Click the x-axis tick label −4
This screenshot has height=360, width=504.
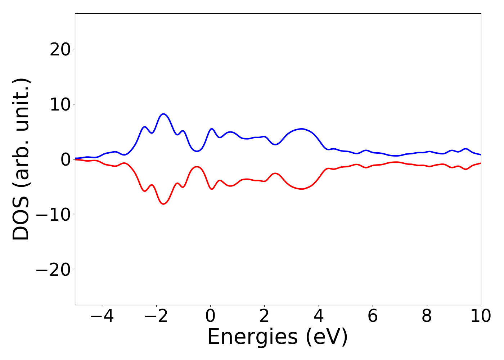(102, 316)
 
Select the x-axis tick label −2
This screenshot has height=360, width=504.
(156, 316)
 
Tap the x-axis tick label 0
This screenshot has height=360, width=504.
(210, 316)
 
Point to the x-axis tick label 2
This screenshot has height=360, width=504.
(264, 316)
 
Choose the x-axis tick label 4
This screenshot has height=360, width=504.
(319, 316)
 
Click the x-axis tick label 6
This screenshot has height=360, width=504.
(373, 316)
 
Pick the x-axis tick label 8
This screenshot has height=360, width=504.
(427, 316)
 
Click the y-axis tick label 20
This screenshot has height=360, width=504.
(60, 49)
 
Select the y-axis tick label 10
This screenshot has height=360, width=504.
(60, 104)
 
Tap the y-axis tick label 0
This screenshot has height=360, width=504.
(65, 159)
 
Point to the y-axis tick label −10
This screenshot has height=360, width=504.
(53, 215)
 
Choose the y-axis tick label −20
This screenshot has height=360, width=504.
(53, 270)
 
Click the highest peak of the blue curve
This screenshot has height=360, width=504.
(164, 114)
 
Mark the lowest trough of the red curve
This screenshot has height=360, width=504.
(164, 204)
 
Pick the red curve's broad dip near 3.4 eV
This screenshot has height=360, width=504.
(302, 189)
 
